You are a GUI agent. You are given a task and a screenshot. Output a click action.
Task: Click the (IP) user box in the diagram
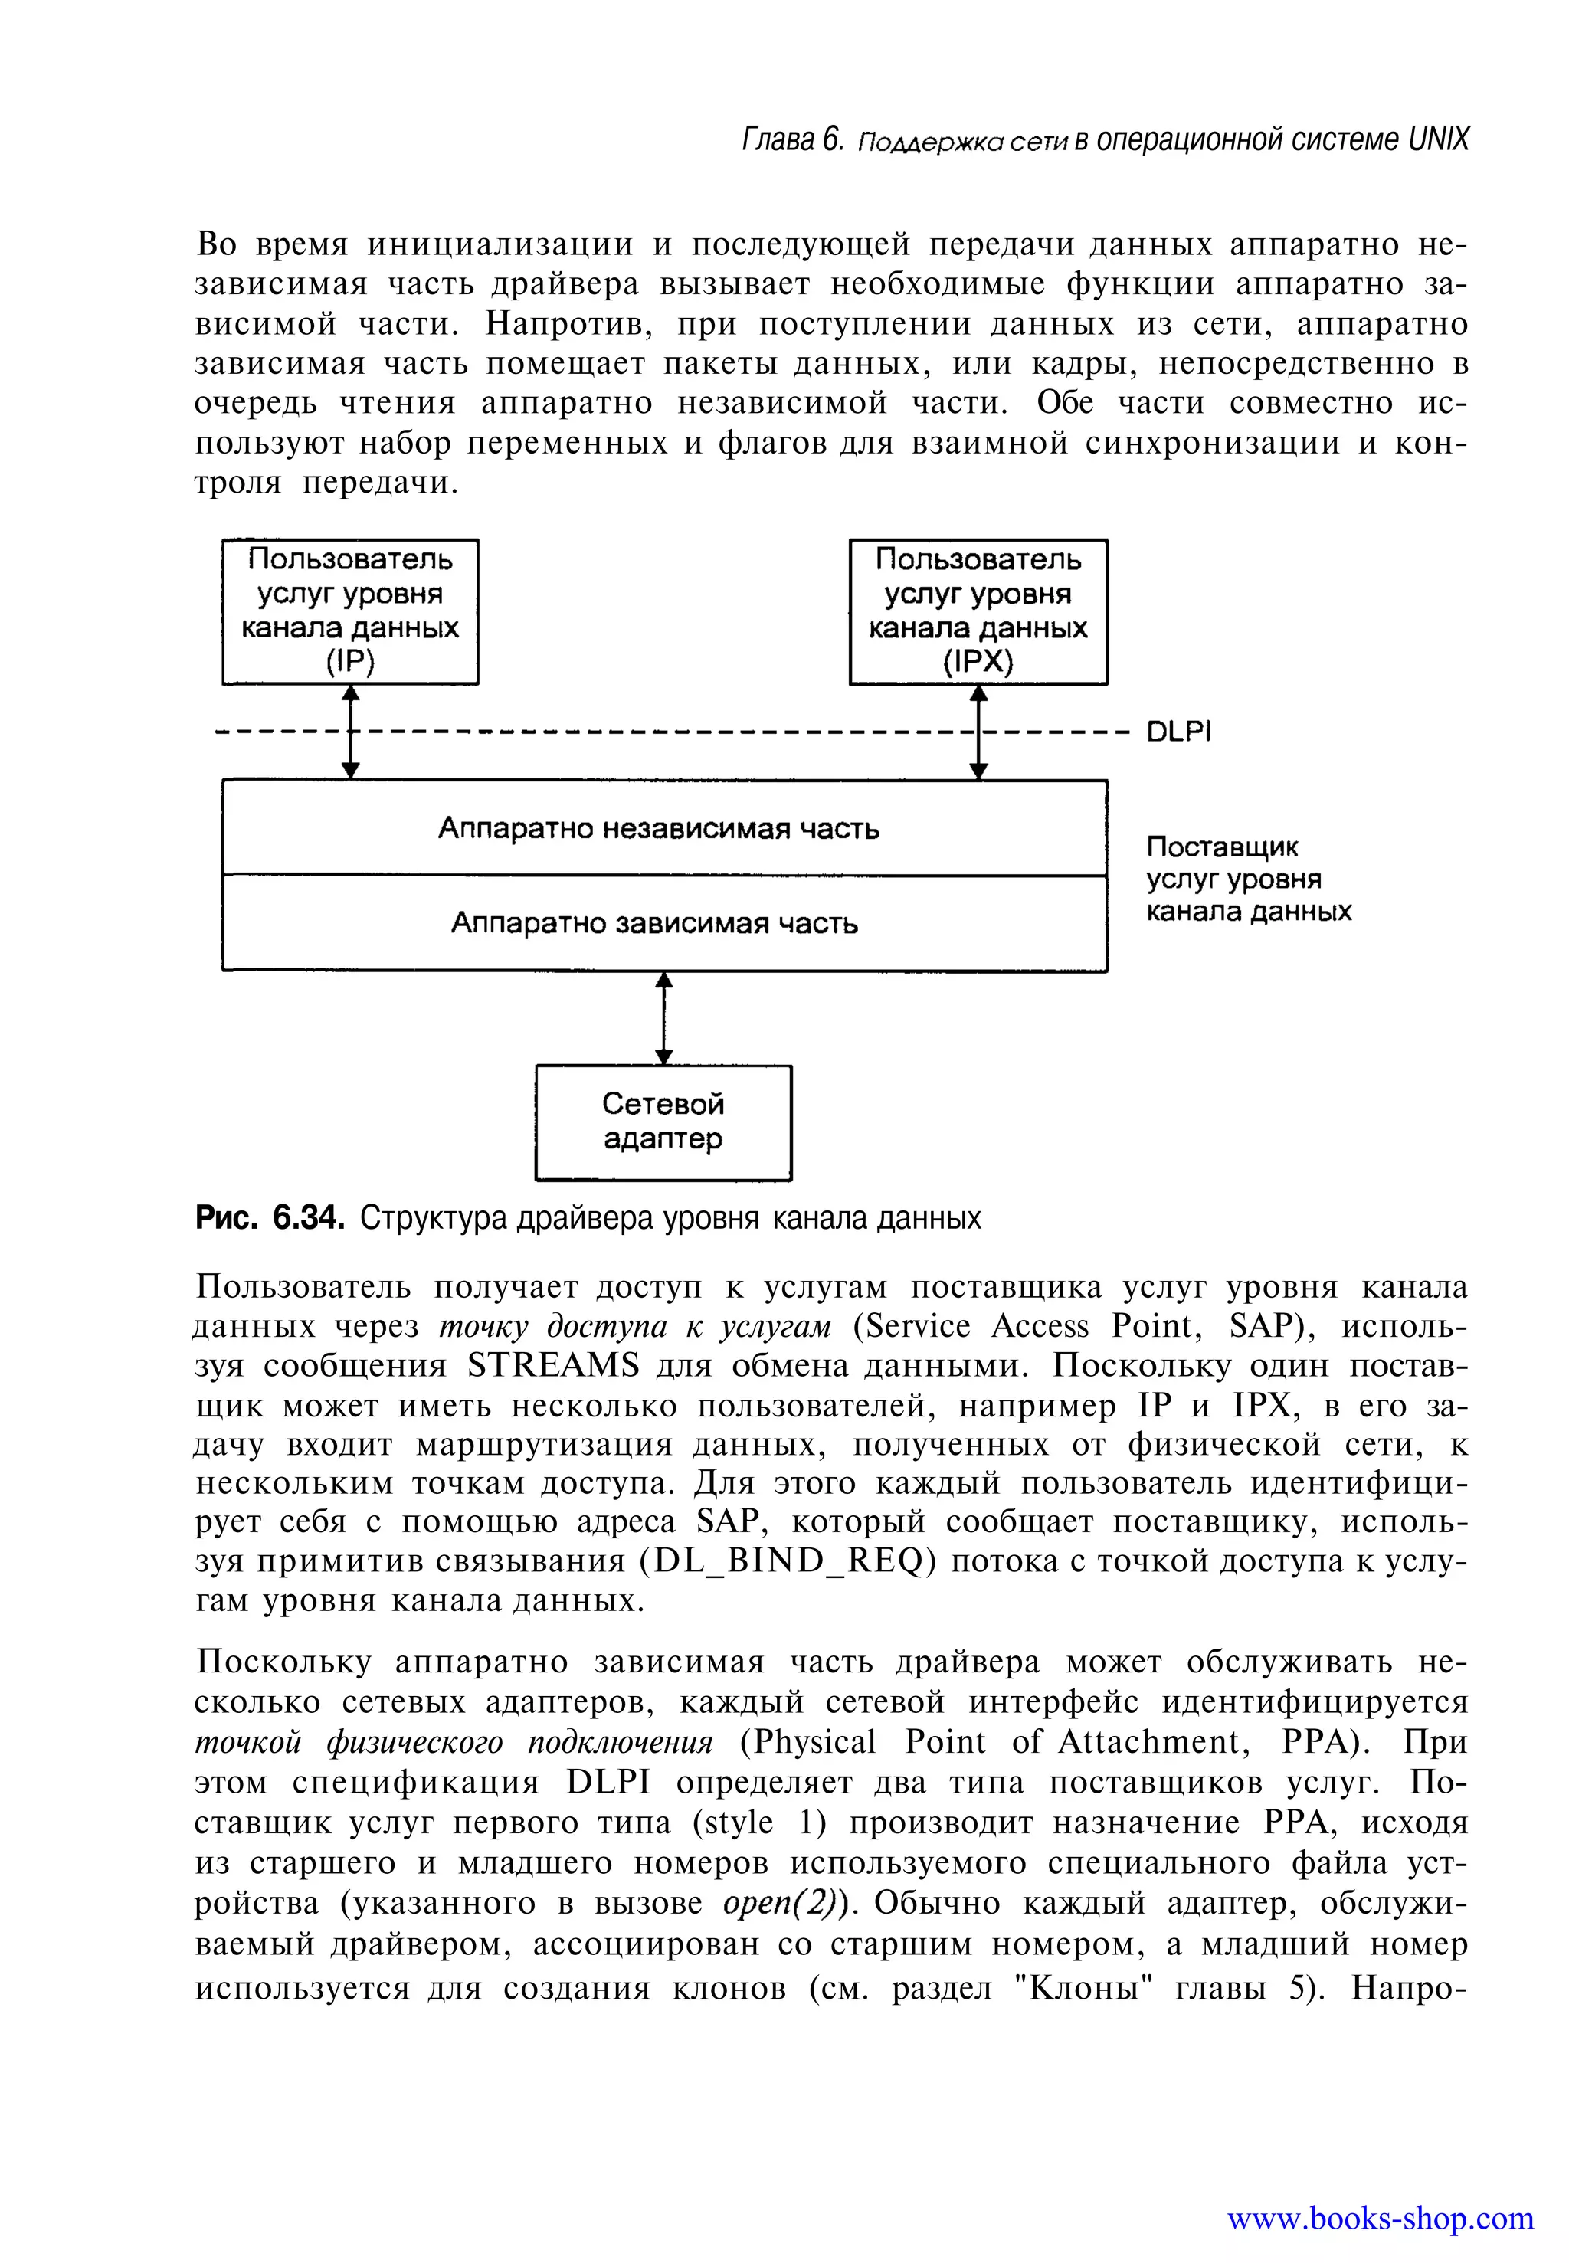click(350, 611)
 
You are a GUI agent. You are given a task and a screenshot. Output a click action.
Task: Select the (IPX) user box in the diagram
click(978, 611)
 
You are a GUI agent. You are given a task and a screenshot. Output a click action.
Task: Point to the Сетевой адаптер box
click(663, 1122)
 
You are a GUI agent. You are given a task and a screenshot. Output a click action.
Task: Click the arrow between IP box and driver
click(351, 732)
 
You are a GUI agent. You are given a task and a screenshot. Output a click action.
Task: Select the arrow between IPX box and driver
click(978, 732)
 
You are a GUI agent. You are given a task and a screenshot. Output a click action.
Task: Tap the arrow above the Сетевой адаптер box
click(664, 1017)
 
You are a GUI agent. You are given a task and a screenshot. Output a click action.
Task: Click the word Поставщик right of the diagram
click(1222, 847)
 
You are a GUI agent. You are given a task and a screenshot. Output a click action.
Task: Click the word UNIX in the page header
click(1438, 139)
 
